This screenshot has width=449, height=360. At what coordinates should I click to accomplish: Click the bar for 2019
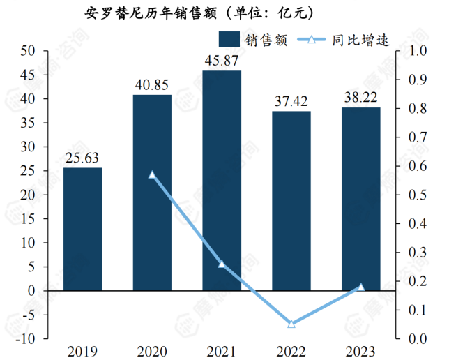click(x=82, y=229)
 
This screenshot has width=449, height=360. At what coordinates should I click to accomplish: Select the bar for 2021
click(x=222, y=180)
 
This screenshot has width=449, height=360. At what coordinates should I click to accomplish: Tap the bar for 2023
click(x=361, y=199)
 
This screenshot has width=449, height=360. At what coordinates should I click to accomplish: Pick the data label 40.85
click(x=152, y=85)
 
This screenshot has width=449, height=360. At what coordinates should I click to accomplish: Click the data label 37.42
click(x=291, y=102)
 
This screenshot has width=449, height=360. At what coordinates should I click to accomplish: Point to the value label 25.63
click(x=82, y=158)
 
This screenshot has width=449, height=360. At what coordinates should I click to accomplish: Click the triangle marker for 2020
click(x=152, y=174)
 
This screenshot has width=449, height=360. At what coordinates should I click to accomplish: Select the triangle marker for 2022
click(x=291, y=324)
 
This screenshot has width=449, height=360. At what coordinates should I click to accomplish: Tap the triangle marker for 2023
click(x=361, y=287)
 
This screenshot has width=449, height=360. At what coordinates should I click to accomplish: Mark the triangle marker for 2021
click(x=222, y=264)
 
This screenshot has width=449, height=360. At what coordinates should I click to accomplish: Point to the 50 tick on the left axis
click(x=29, y=51)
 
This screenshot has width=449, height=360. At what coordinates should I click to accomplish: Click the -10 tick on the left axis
click(x=26, y=339)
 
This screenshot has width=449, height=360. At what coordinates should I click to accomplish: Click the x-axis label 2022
click(x=291, y=350)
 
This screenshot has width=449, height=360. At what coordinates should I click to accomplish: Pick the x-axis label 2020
click(x=152, y=350)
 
